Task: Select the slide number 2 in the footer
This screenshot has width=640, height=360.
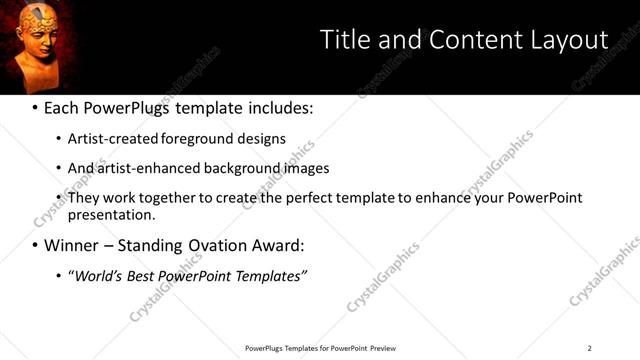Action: (x=589, y=348)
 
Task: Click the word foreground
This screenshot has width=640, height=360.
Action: (x=189, y=138)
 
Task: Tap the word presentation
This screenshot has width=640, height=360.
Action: (x=110, y=214)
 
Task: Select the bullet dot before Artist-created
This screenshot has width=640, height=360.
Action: (x=58, y=139)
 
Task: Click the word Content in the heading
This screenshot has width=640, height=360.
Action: (x=465, y=40)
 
